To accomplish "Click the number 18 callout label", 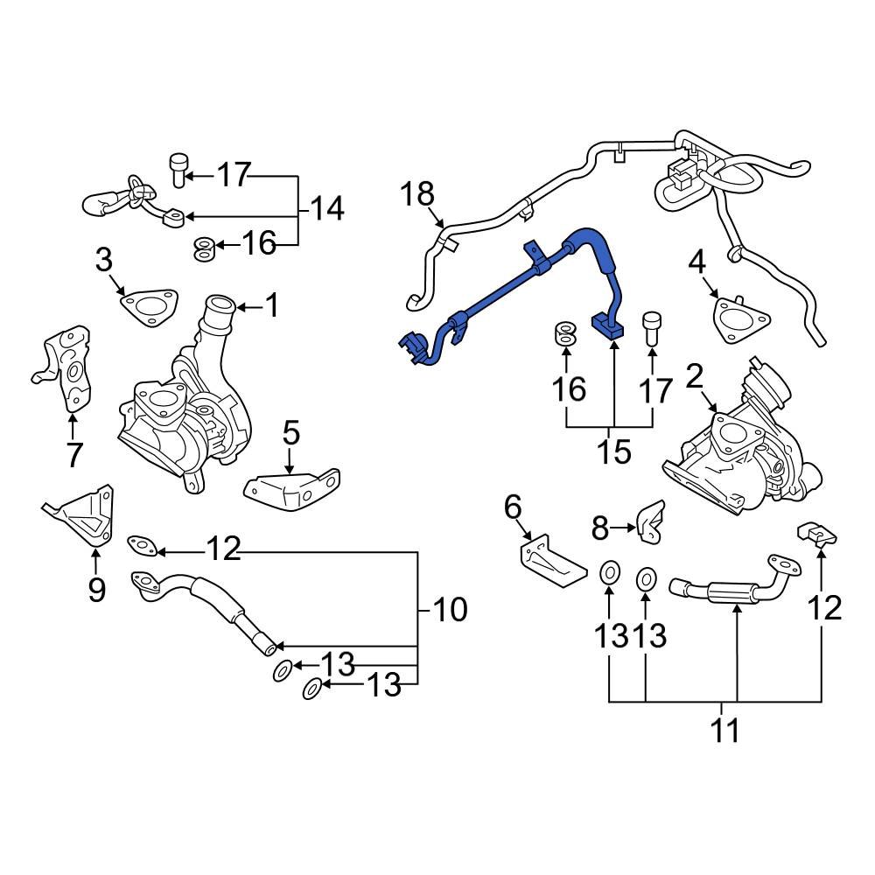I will (418, 194).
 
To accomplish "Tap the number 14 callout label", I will (326, 209).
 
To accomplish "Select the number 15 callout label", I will (614, 451).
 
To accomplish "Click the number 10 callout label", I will (451, 610).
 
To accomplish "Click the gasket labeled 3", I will (146, 307).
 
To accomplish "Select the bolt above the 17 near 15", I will (652, 330).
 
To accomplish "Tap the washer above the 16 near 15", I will (566, 333).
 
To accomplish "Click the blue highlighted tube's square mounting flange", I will (612, 327).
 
